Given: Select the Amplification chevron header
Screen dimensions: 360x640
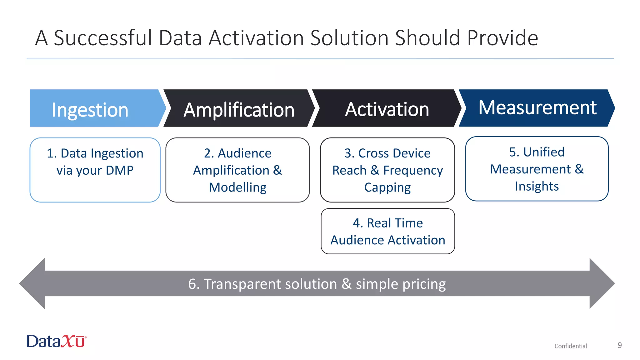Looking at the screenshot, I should pyautogui.click(x=239, y=109).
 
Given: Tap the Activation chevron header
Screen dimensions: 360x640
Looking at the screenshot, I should pyautogui.click(x=387, y=109).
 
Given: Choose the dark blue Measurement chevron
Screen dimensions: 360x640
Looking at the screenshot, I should pyautogui.click(x=537, y=108).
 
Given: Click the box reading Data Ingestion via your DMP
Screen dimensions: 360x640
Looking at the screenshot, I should pyautogui.click(x=95, y=170).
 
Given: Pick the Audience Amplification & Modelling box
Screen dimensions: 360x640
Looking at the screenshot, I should pyautogui.click(x=237, y=170).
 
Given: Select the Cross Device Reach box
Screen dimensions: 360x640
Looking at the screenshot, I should pyautogui.click(x=387, y=170).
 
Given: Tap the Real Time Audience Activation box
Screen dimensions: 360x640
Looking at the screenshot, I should pyautogui.click(x=388, y=231).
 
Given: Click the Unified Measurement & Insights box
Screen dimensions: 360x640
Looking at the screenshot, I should pyautogui.click(x=537, y=169).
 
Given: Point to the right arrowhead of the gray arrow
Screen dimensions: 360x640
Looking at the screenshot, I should pyautogui.click(x=601, y=283).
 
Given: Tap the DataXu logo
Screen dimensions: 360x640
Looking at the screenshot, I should pyautogui.click(x=57, y=341).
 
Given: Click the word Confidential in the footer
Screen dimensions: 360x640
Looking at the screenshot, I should pyautogui.click(x=571, y=346).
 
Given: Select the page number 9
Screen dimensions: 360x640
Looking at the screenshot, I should pyautogui.click(x=619, y=345).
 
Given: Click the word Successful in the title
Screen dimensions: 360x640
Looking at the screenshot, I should pyautogui.click(x=103, y=38).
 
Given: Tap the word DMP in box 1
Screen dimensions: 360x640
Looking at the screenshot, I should pyautogui.click(x=119, y=170).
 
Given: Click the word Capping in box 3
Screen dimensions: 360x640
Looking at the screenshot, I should pyautogui.click(x=387, y=187).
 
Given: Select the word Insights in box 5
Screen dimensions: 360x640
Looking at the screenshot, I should pyautogui.click(x=537, y=186).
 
